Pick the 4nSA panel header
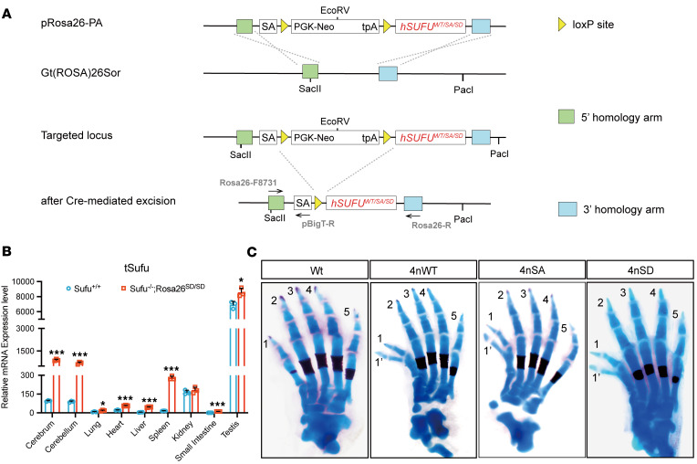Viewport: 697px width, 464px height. pos(529,269)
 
